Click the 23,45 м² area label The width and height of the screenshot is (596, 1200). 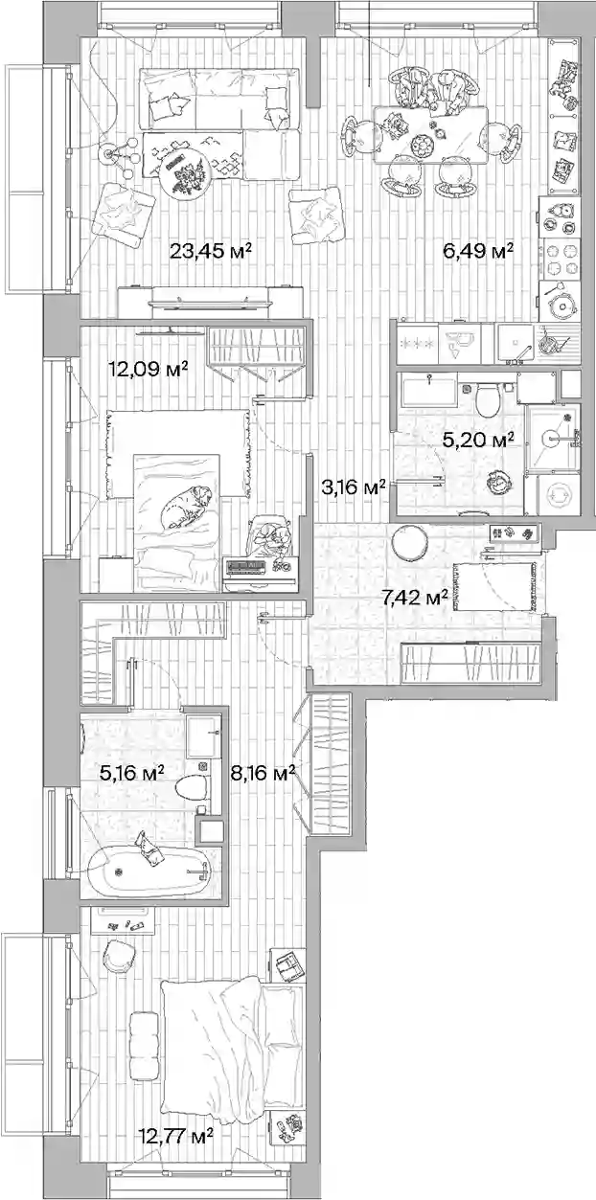(x=211, y=250)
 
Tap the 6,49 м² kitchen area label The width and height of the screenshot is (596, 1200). (x=479, y=250)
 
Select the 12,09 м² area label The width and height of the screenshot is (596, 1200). (x=149, y=369)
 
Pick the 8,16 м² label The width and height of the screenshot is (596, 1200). (x=263, y=773)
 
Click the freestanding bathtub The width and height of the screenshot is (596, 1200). (x=148, y=872)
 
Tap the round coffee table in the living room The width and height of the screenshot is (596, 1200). (x=185, y=175)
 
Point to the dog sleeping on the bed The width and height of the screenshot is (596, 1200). (x=185, y=507)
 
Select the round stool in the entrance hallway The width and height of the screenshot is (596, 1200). (x=410, y=543)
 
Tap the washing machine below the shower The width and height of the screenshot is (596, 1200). (x=559, y=495)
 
